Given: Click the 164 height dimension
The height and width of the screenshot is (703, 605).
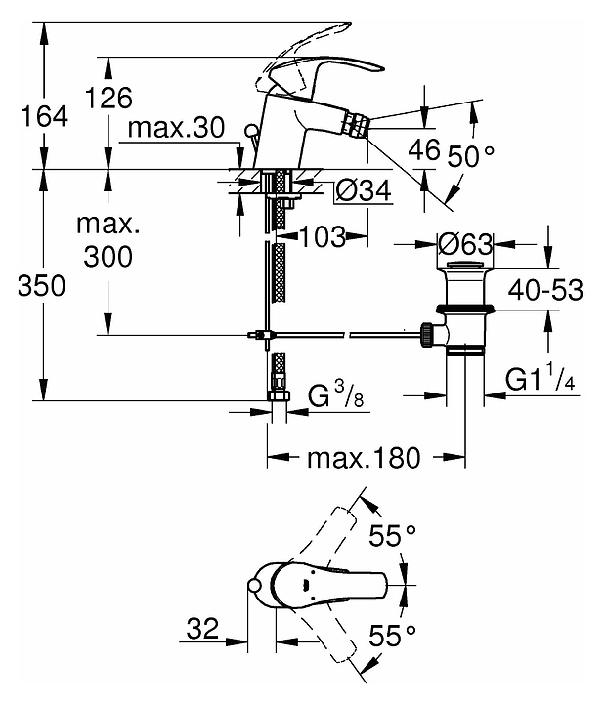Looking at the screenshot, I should [x=46, y=117].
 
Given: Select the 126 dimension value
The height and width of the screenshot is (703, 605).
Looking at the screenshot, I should [x=109, y=100].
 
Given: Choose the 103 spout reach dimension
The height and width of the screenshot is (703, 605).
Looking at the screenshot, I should [x=322, y=235].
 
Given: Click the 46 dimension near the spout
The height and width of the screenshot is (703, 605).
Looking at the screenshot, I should [x=423, y=150].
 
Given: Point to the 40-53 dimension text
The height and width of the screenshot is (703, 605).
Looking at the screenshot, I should [x=545, y=290].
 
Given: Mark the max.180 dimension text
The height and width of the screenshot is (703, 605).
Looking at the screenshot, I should [x=365, y=456].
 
